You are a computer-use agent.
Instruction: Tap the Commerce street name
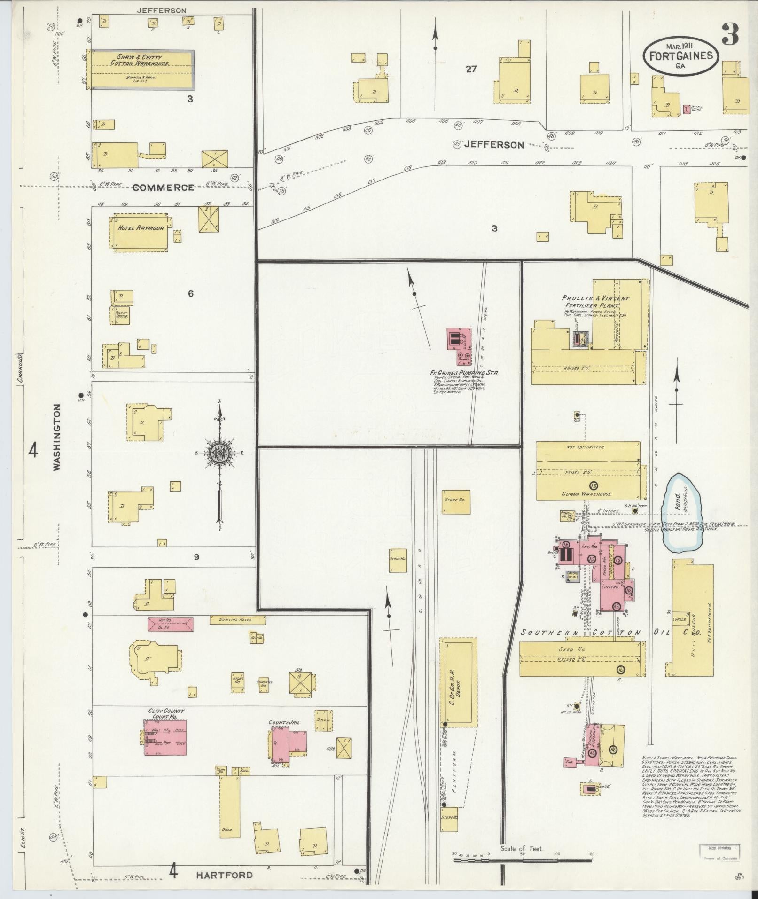click(x=163, y=188)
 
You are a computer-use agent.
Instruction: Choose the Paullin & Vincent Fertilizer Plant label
click(x=595, y=302)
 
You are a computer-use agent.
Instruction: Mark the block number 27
click(x=471, y=70)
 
